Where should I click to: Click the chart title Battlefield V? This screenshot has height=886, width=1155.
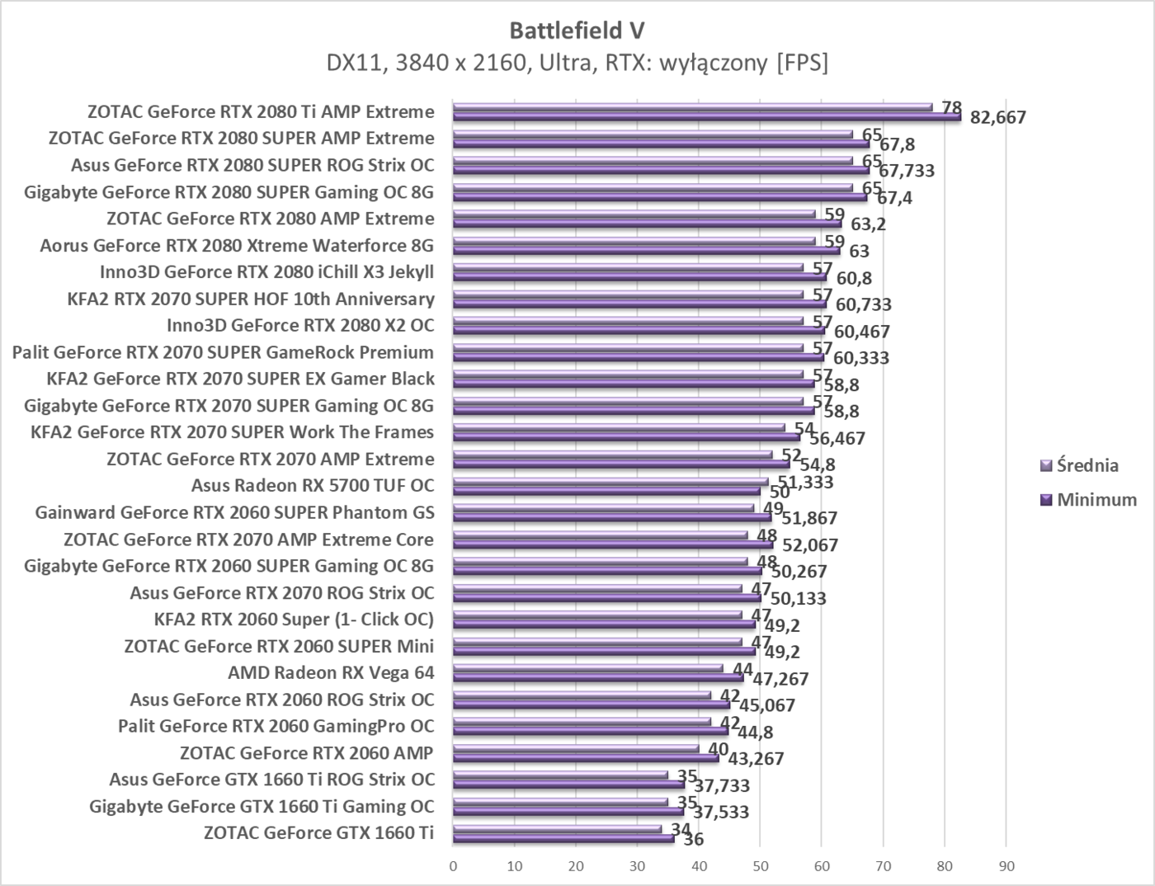click(x=577, y=31)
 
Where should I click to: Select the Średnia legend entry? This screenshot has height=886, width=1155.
click(x=1087, y=465)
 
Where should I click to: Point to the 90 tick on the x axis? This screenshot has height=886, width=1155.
click(x=1006, y=866)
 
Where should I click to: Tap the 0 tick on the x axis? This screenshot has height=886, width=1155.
click(x=453, y=866)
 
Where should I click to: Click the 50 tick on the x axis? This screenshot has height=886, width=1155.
click(x=760, y=866)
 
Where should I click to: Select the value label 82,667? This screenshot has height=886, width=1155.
click(x=998, y=117)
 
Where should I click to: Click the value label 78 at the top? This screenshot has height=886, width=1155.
click(x=952, y=107)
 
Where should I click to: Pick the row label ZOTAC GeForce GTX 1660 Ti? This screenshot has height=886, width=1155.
click(x=318, y=832)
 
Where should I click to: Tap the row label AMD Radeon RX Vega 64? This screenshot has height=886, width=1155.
click(x=331, y=672)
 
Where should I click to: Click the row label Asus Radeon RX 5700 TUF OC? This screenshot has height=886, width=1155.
click(x=313, y=485)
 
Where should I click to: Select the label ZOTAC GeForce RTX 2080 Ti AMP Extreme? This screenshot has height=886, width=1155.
click(x=261, y=111)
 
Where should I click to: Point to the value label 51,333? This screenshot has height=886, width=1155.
click(x=806, y=482)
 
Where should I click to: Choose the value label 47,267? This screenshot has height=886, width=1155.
click(x=780, y=679)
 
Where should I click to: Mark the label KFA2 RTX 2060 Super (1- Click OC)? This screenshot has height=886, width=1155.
click(x=294, y=619)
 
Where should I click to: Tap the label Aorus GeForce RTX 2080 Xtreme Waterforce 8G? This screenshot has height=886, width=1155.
click(x=237, y=245)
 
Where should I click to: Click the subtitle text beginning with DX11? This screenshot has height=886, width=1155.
click(x=577, y=63)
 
